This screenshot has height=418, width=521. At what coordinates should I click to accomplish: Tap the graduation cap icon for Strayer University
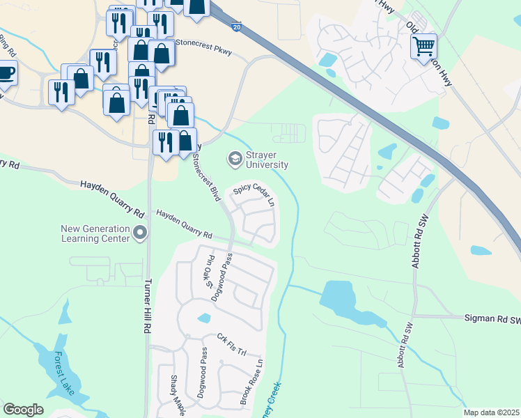235,160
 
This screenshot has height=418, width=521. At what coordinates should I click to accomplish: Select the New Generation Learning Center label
95,233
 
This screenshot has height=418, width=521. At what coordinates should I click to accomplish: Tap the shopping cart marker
423,47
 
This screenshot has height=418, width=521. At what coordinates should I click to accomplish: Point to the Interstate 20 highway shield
237,25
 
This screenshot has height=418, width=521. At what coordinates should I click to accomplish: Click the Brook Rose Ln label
254,383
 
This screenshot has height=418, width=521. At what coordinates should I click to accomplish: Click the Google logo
24,410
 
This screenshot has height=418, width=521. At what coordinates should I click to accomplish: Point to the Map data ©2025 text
490,412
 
